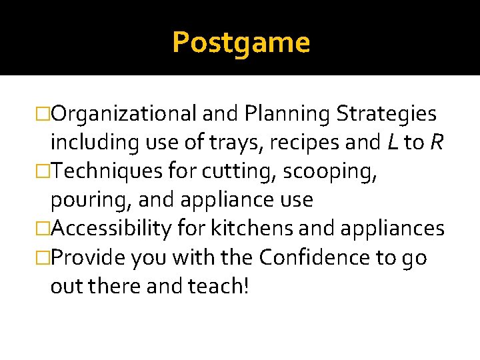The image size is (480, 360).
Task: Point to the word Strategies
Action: pos(387,115)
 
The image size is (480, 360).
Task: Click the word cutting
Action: pos(235,171)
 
